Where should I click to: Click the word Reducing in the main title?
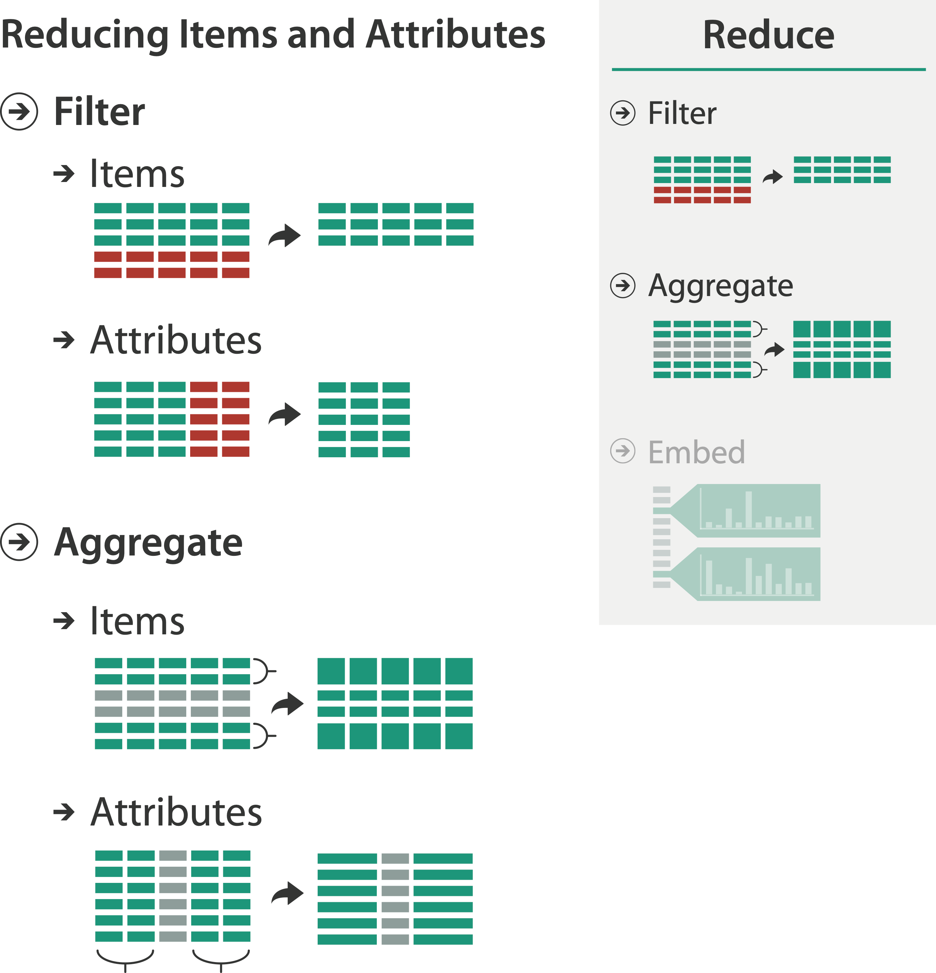pyautogui.click(x=85, y=35)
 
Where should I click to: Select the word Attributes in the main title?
pyautogui.click(x=455, y=35)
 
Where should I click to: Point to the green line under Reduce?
pyautogui.click(x=768, y=69)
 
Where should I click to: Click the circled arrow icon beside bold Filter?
pyautogui.click(x=19, y=112)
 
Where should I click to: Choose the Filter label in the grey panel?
pyautogui.click(x=682, y=113)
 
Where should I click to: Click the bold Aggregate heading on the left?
pyautogui.click(x=148, y=542)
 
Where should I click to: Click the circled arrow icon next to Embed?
pyautogui.click(x=622, y=451)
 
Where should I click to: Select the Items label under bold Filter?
pyautogui.click(x=137, y=174)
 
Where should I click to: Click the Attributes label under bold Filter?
pyautogui.click(x=176, y=340)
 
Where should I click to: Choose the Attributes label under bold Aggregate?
pyautogui.click(x=176, y=812)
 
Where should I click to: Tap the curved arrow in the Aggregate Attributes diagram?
pyautogui.click(x=287, y=893)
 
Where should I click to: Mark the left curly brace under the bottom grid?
pyautogui.click(x=125, y=958)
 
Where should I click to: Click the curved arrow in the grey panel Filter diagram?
pyautogui.click(x=773, y=177)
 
